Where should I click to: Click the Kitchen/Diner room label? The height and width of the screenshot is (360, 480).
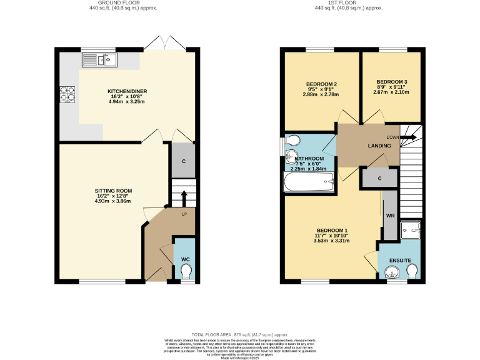(127, 91)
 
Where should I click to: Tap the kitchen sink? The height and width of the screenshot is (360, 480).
(100, 60)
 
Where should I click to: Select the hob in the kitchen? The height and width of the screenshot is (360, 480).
(67, 93)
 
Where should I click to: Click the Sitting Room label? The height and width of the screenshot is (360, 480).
(113, 191)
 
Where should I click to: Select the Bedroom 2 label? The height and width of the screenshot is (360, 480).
(322, 84)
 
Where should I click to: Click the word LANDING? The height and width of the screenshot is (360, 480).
(379, 146)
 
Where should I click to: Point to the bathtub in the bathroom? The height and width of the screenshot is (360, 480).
(309, 183)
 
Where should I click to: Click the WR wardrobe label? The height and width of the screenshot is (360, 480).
(390, 216)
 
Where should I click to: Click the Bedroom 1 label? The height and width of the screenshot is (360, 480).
(331, 230)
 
